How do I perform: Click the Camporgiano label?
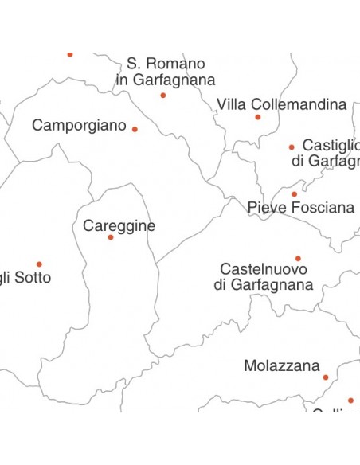[79, 126]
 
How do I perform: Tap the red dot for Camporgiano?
[135, 129]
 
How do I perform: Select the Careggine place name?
[119, 225]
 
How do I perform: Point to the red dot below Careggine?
[111, 237]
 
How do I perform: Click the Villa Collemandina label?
[281, 104]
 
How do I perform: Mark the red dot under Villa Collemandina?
[257, 117]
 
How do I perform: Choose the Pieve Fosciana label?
[300, 208]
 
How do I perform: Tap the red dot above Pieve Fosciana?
[294, 194]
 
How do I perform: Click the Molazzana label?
[281, 366]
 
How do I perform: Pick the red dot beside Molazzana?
[326, 377]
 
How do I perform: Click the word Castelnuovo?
[263, 269]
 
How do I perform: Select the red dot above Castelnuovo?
[298, 258]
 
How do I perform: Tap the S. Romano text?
[166, 64]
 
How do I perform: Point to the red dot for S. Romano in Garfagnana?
[163, 96]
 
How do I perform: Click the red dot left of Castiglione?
[292, 147]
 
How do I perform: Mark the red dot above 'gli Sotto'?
[39, 264]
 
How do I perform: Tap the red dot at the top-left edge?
[70, 54]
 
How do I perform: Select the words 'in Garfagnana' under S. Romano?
[165, 80]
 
